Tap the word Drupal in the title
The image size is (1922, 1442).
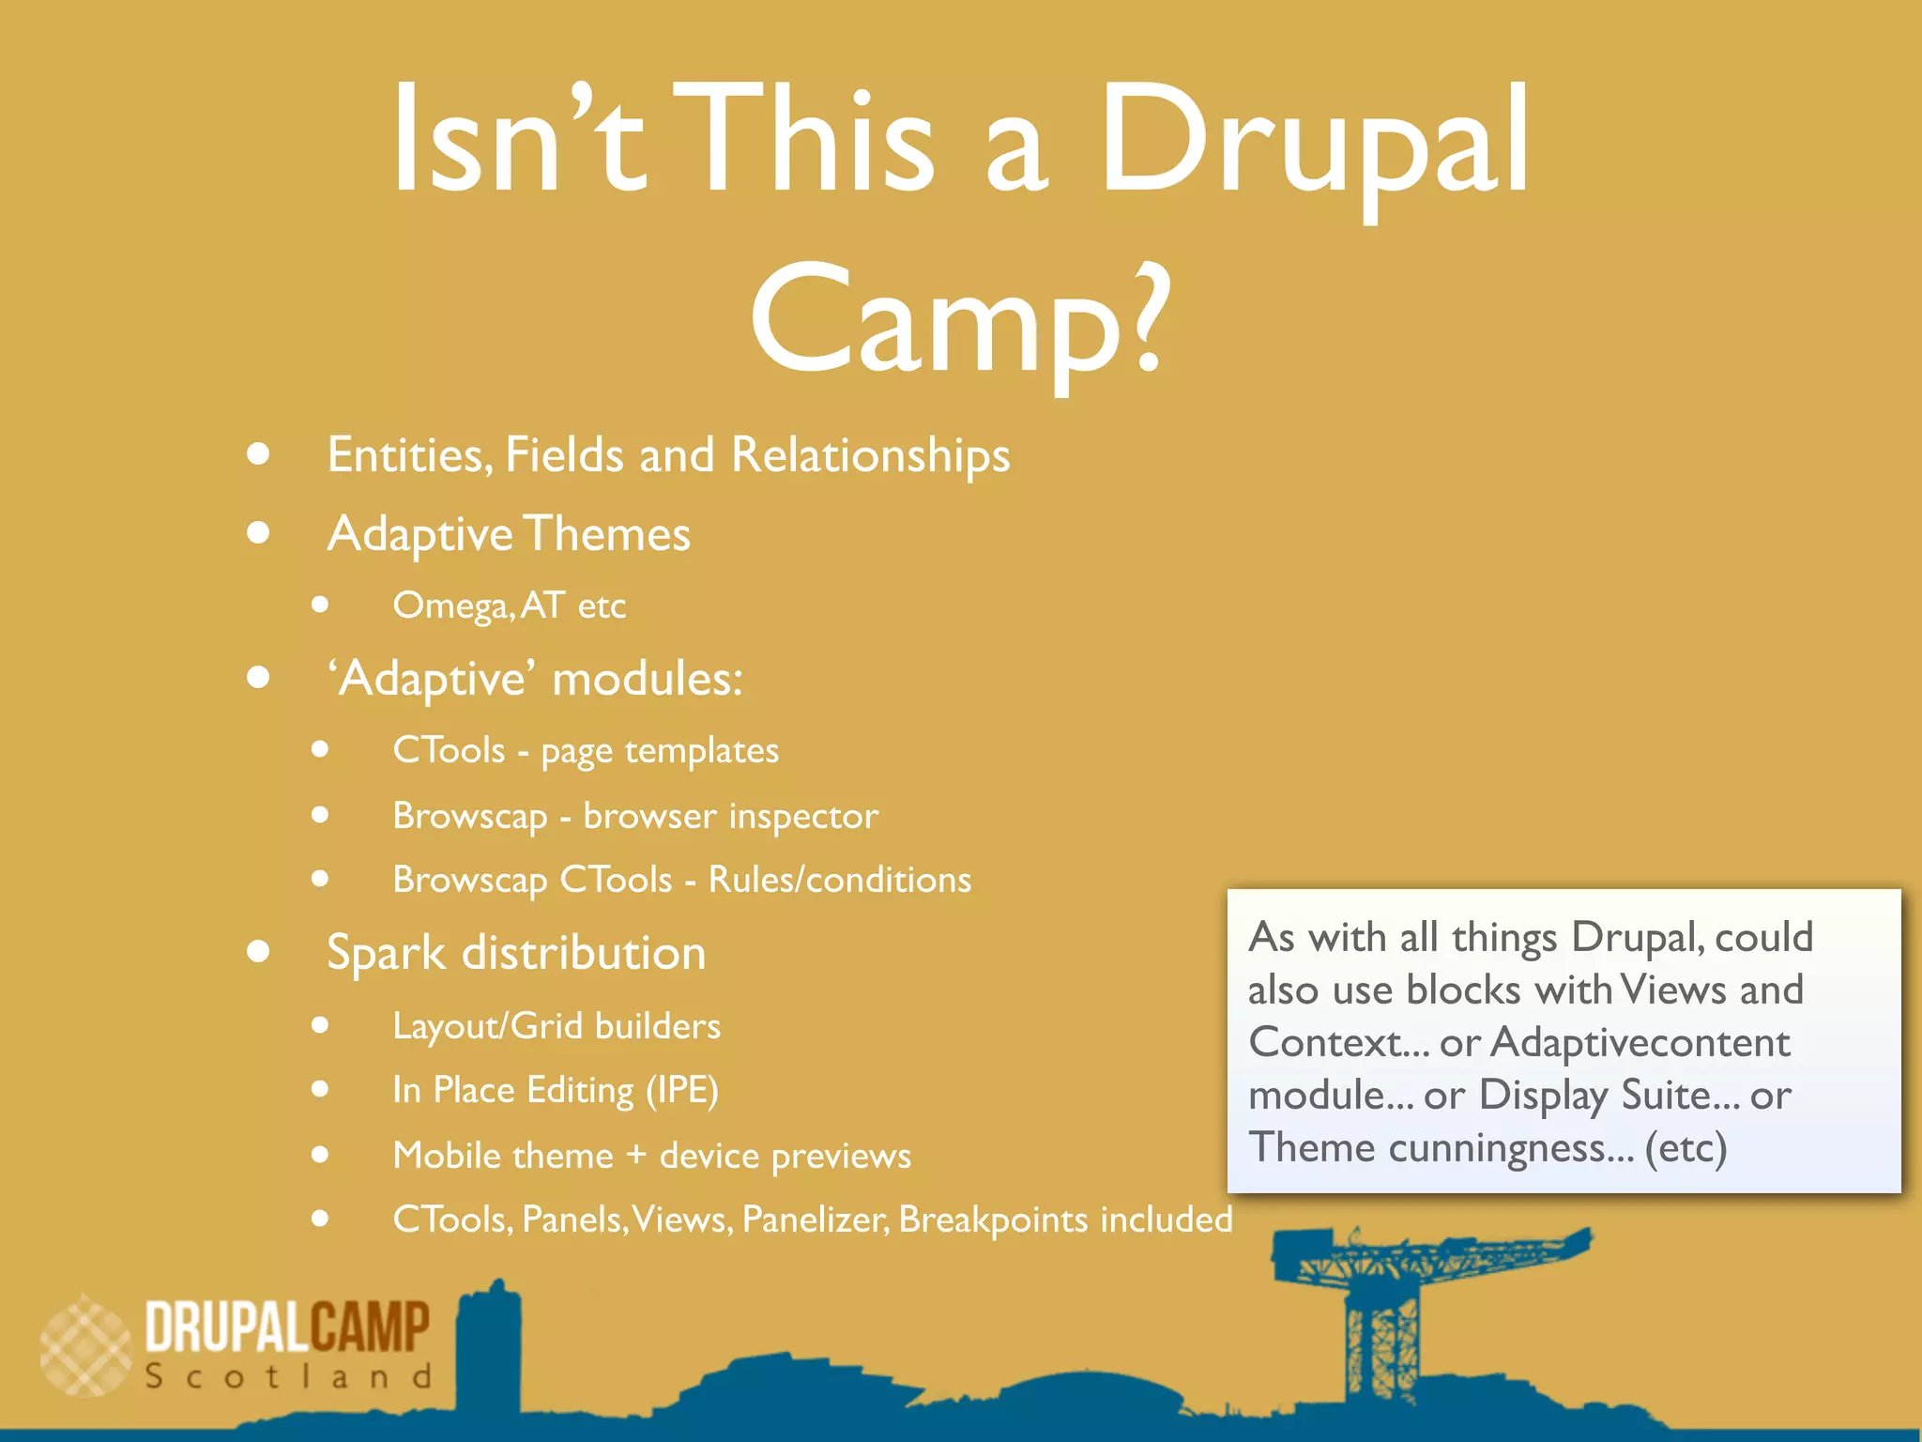(x=1314, y=141)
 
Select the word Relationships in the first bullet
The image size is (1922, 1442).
(x=870, y=455)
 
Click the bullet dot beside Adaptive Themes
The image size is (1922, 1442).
(x=259, y=533)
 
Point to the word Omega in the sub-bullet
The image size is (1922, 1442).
(x=450, y=606)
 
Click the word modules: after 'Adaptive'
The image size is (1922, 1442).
(x=648, y=679)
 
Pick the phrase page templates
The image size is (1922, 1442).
(x=660, y=751)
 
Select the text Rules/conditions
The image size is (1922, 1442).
(x=840, y=880)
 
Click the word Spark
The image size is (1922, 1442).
(x=386, y=953)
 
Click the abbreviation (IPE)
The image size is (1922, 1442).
(x=682, y=1091)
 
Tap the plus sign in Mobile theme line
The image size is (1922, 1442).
(x=636, y=1154)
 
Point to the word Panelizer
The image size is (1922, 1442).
(x=815, y=1220)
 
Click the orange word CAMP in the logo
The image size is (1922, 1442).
(x=371, y=1327)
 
